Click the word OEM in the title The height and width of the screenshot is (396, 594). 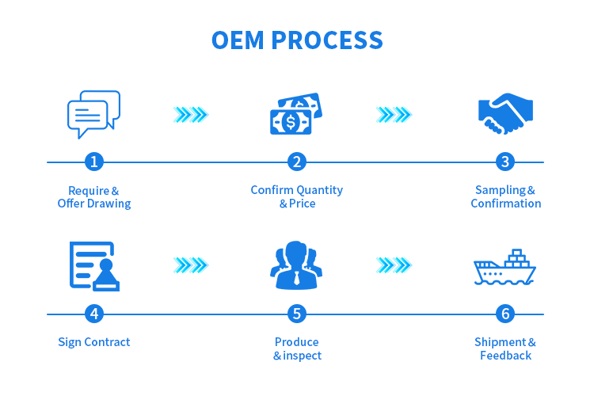240,40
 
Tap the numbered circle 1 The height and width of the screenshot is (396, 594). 94,162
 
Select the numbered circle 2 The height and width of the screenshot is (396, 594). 297,162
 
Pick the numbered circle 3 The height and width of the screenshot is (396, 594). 505,162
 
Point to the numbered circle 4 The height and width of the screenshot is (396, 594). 94,314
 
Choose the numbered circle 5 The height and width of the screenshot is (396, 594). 297,314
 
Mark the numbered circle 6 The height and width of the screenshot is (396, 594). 505,314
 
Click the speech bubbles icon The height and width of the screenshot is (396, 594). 93,114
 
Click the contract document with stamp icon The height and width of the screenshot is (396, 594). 93,266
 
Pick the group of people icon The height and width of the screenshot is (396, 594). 296,266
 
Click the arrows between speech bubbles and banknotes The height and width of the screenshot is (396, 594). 190,115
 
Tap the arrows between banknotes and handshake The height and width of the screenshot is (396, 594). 394,115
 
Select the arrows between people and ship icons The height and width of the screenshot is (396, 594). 394,265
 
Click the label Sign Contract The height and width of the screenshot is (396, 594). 93,342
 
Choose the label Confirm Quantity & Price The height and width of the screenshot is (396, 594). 297,196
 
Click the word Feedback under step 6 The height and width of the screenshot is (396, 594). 505,356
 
